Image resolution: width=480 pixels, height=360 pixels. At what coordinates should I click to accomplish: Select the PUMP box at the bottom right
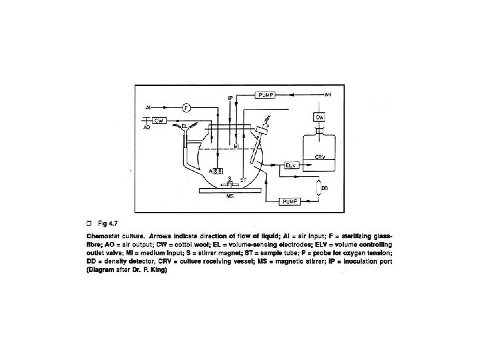[x=289, y=201]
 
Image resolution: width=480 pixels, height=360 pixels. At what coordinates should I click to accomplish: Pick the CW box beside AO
[x=159, y=120]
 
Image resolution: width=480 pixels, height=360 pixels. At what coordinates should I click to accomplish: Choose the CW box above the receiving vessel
[x=319, y=117]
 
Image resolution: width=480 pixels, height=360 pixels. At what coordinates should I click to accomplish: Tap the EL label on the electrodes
[x=185, y=125]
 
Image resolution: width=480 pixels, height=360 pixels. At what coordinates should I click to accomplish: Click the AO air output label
[x=147, y=125]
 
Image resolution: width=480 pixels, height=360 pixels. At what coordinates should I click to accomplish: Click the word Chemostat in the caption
[x=104, y=235]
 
